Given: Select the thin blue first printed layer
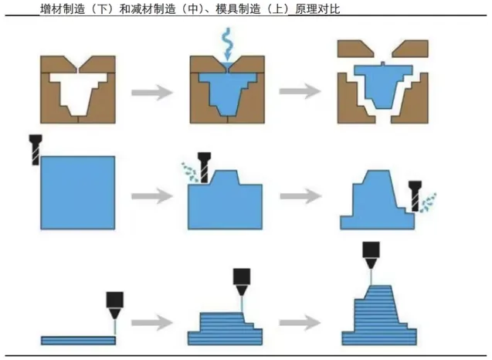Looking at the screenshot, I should [77, 340].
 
